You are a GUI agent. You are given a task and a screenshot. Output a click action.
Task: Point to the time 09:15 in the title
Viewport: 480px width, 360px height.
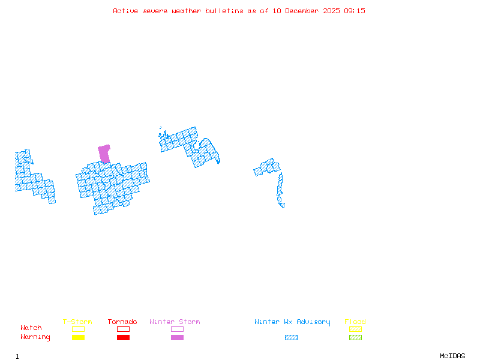point(355,11)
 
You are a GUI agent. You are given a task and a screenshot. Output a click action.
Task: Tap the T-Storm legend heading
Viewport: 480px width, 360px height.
point(77,322)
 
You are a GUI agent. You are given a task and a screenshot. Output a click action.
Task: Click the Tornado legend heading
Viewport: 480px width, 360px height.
point(122,322)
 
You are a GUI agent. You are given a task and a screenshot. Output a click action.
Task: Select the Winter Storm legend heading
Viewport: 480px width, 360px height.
point(175,322)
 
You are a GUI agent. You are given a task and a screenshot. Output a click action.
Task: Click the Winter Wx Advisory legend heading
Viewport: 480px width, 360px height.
point(292,322)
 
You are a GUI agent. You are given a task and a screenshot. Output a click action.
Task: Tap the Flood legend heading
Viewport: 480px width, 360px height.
point(355,322)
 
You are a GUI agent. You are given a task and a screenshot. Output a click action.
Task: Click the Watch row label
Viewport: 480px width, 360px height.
point(31,328)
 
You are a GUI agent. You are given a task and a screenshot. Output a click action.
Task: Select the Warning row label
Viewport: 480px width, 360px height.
point(35,337)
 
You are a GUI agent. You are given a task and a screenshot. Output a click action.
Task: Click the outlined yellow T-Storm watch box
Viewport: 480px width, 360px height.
point(78,329)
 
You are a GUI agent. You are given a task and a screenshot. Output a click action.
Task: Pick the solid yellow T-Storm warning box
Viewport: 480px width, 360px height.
point(78,337)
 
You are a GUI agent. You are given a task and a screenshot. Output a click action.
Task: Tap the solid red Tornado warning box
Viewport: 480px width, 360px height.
point(123,337)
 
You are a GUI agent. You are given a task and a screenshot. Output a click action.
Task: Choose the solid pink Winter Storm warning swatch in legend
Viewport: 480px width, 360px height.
point(177,337)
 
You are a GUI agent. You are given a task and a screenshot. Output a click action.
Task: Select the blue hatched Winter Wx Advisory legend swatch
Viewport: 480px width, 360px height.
point(291,337)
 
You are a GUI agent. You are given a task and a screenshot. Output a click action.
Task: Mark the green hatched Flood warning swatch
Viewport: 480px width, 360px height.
point(355,337)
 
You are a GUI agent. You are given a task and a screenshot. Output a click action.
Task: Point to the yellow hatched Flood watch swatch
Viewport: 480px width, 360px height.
point(355,329)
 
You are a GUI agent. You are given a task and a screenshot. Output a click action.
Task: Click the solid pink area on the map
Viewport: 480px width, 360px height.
point(104,153)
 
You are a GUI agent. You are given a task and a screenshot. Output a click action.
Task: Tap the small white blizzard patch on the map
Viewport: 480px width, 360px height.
point(286,205)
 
